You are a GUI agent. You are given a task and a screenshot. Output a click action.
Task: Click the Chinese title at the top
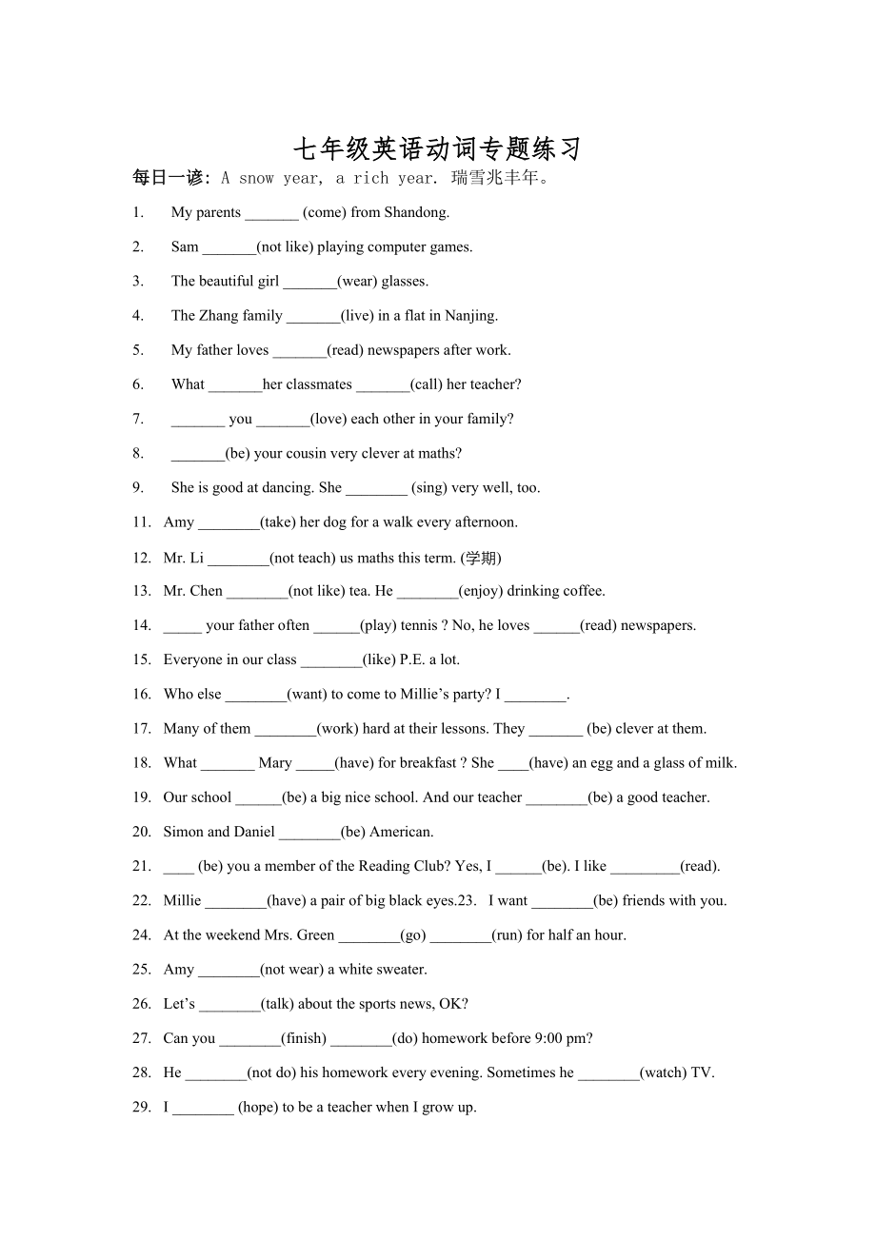pos(437,148)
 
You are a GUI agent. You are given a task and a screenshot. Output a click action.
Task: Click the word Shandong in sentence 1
pos(416,212)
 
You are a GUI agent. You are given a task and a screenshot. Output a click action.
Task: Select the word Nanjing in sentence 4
pos(470,316)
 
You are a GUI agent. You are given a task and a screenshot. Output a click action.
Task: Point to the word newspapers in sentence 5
pos(404,350)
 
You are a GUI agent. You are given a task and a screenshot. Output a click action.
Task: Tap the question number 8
pos(138,453)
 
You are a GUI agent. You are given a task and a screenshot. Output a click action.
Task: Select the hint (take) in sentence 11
pos(277,522)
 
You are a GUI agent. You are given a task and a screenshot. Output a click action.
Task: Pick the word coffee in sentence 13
pos(582,591)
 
